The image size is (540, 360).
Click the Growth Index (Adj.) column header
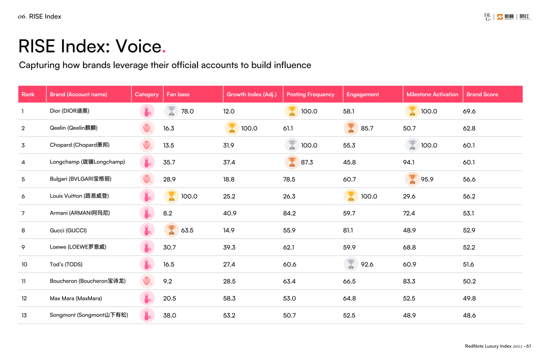251,94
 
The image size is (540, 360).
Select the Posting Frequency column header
310,94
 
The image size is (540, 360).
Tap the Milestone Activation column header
432,94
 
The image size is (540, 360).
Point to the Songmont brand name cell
89,315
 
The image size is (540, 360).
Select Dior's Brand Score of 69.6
469,111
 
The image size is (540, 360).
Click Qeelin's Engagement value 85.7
367,128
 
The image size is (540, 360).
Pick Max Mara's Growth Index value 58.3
229,298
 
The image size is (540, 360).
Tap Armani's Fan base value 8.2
167,213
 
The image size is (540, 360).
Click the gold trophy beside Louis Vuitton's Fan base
171,196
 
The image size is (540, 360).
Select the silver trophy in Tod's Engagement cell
351,263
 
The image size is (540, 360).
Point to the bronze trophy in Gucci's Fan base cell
171,230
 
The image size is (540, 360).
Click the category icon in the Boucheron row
147,281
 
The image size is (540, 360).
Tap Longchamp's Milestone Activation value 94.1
409,162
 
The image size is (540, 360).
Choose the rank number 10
24,264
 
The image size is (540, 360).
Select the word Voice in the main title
138,46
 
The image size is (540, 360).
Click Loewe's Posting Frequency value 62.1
289,247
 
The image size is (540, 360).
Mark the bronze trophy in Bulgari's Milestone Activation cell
412,179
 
